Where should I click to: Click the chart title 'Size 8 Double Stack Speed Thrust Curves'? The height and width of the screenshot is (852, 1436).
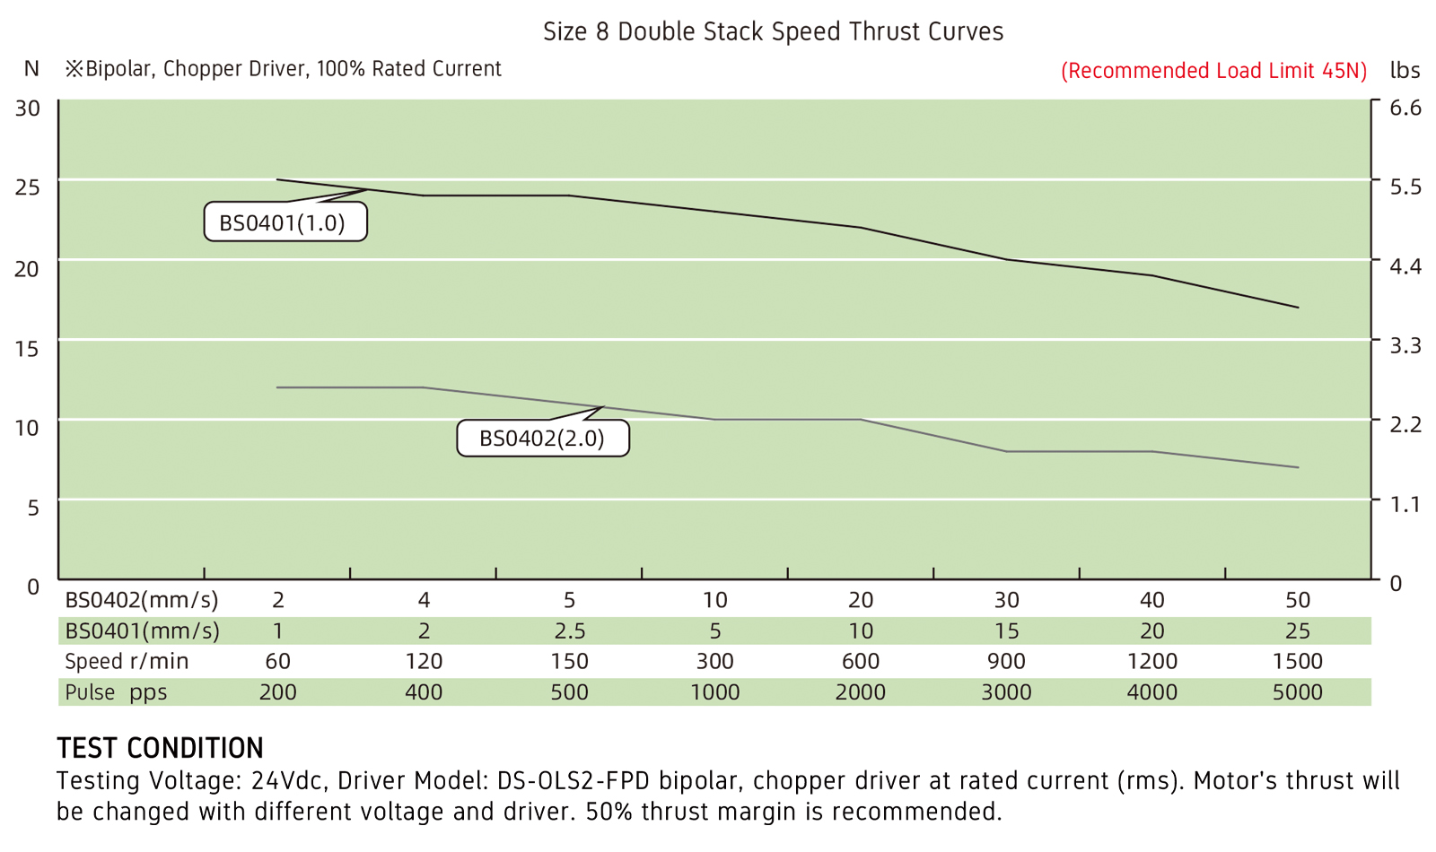[773, 32]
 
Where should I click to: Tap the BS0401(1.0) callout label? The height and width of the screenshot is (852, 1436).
[285, 222]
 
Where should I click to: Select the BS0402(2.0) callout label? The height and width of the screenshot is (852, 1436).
[542, 439]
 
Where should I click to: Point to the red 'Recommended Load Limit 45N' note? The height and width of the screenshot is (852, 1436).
[1213, 71]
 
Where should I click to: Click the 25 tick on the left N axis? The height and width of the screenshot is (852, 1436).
[28, 187]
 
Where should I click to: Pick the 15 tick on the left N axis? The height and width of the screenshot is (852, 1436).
[28, 348]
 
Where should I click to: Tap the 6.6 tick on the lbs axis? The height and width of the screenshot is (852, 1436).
[1405, 109]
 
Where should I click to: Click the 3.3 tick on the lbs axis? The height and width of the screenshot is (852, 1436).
[1405, 345]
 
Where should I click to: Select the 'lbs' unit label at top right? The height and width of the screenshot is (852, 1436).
[1405, 70]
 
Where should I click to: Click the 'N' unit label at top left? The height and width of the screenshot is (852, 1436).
[31, 69]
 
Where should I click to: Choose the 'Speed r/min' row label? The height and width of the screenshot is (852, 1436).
[127, 662]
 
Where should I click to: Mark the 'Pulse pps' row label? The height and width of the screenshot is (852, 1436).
[116, 692]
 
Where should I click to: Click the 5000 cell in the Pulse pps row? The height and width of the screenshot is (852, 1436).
[1297, 692]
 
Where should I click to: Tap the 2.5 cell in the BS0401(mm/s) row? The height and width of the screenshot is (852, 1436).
[569, 631]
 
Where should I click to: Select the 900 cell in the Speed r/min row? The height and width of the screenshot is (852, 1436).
[1006, 662]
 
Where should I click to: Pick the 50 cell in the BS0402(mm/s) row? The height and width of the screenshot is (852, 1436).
[1297, 600]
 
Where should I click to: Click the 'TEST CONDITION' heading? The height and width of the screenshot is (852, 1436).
[160, 748]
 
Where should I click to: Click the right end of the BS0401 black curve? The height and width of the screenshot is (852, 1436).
[1298, 308]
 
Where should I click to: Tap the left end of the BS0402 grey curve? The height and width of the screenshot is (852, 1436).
[277, 387]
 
